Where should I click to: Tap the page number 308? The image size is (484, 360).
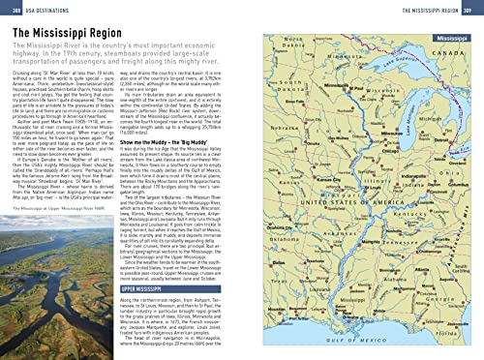[11, 7]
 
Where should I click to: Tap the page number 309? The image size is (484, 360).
[472, 7]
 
